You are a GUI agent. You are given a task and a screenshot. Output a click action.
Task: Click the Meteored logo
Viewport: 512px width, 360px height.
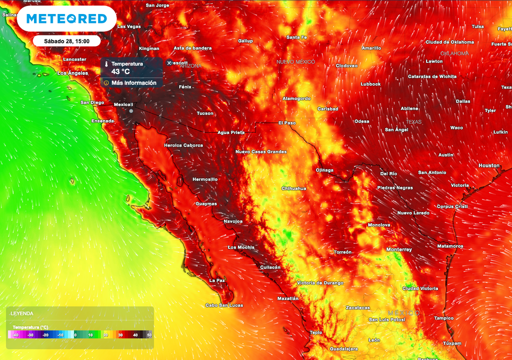[66, 19]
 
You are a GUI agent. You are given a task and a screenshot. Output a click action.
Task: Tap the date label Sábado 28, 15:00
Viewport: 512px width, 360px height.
[66, 41]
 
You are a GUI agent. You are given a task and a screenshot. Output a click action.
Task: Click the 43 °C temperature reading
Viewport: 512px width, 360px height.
[120, 71]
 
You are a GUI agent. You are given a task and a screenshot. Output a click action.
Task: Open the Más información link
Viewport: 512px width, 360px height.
[133, 82]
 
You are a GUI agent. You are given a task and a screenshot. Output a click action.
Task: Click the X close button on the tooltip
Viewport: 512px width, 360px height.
[169, 63]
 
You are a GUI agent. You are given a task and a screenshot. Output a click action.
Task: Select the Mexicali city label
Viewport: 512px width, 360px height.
[123, 104]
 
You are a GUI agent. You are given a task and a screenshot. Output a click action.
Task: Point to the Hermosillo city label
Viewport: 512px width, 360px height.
[205, 179]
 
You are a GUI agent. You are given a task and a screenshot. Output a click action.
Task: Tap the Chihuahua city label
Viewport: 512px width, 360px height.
[294, 188]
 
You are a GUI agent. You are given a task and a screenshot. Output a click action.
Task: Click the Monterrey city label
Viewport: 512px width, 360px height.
[399, 249]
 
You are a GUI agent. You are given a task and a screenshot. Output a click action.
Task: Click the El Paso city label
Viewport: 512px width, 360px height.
[287, 122]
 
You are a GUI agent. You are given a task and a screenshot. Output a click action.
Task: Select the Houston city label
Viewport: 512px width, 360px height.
[489, 165]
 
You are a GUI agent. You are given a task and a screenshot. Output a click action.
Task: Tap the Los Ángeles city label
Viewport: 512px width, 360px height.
[73, 73]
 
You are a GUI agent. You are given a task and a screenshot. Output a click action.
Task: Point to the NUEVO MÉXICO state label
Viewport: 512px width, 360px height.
[296, 62]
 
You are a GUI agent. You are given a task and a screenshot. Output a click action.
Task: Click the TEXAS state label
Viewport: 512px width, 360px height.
[413, 122]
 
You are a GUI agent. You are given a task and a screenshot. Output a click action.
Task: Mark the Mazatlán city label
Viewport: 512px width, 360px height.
[287, 298]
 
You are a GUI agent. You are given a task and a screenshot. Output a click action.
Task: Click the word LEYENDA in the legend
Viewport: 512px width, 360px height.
[22, 313]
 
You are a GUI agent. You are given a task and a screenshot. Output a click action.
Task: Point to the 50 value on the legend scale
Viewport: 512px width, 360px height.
[148, 335]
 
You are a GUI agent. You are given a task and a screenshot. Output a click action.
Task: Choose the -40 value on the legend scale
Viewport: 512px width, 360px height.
[16, 335]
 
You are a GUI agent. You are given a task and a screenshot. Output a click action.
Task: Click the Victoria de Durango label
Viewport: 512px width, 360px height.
[320, 283]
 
